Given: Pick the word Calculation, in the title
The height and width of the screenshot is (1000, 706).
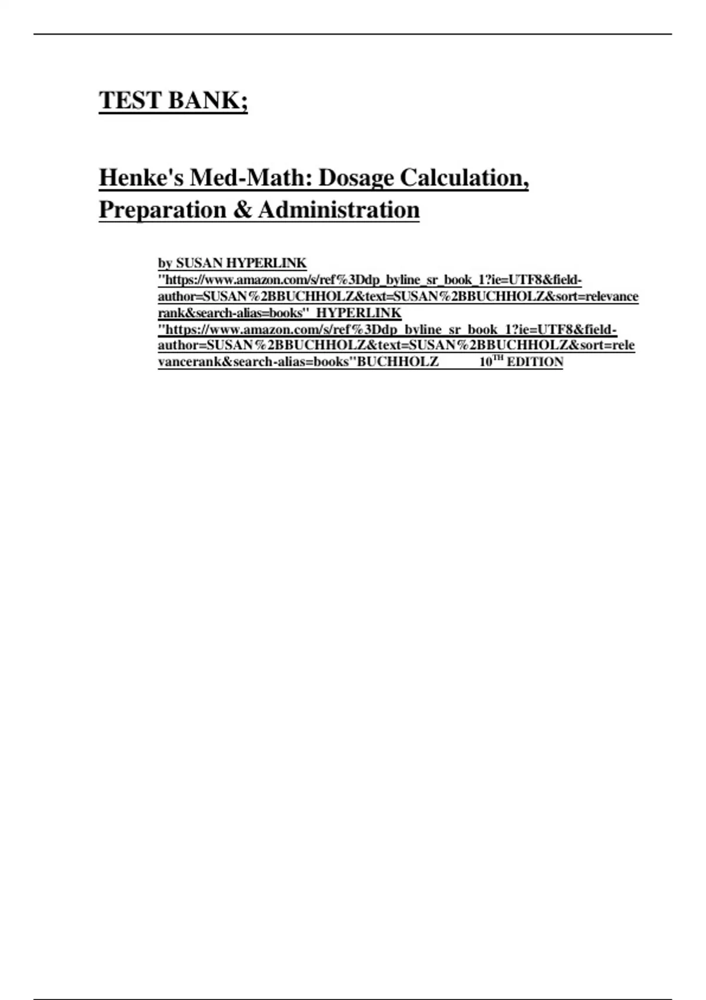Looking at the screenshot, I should (x=464, y=178).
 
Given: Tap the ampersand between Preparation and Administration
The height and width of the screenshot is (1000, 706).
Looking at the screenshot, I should (x=242, y=209).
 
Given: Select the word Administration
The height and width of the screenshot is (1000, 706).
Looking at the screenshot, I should (x=338, y=209).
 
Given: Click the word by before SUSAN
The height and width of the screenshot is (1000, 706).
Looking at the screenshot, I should (x=165, y=263).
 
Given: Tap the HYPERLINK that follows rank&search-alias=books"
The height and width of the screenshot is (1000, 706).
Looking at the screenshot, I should (x=359, y=312).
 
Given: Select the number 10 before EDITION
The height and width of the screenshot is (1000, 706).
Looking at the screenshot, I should (x=485, y=362).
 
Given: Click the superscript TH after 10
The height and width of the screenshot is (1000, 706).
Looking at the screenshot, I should (x=498, y=358).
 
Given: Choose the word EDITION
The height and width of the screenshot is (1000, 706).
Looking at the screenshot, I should (x=535, y=362).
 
